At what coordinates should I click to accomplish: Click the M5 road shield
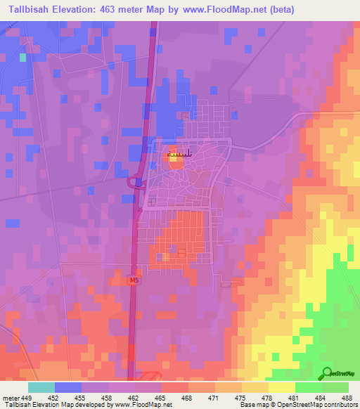pos(134,280)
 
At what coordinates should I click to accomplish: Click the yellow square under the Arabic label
pos(173,159)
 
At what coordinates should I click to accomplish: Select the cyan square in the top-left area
pos(22,57)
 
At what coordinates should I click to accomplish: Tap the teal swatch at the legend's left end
pos(41,387)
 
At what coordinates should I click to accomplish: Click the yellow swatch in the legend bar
pos(281,387)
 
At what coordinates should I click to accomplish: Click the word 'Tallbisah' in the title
pos(29,10)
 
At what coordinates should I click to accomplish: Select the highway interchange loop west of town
pos(132,183)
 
